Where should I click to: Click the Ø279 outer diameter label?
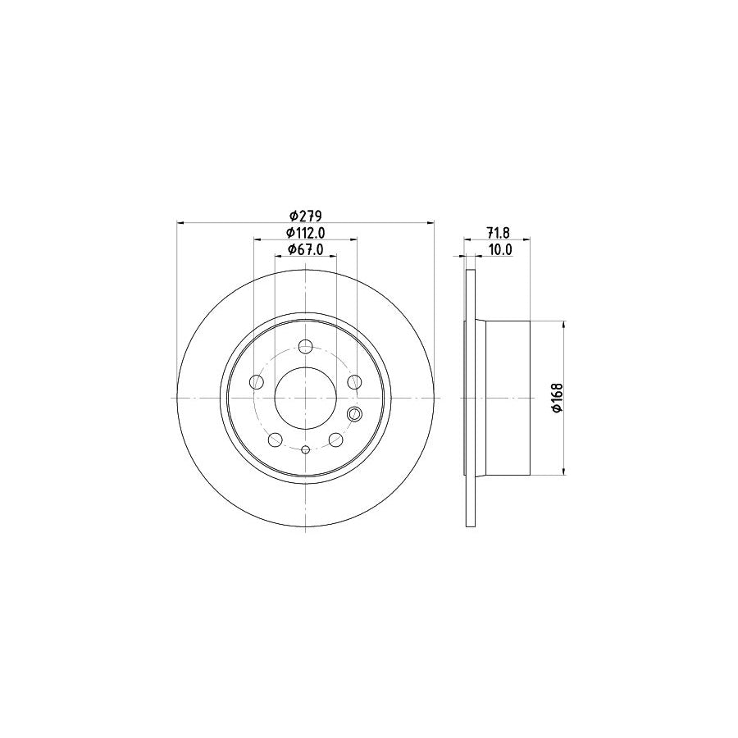tap(305, 216)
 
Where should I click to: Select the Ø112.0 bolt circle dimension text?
tap(305, 233)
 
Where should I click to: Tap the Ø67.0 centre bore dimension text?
tap(305, 250)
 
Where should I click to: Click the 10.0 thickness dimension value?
tap(499, 250)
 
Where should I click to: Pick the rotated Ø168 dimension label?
tap(556, 398)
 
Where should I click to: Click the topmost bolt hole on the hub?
tap(305, 346)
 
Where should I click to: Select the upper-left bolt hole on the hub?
tap(257, 382)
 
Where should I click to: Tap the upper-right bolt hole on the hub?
tap(354, 382)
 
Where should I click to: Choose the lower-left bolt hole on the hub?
tap(276, 440)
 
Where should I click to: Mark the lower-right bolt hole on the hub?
tap(335, 440)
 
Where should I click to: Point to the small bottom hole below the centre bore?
tap(305, 449)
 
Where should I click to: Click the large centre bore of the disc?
tap(305, 398)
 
